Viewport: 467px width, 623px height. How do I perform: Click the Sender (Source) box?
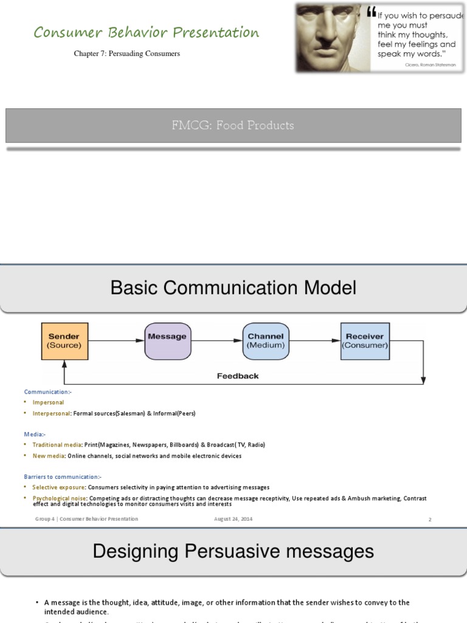pos(64,341)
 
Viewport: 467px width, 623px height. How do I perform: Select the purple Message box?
pos(167,341)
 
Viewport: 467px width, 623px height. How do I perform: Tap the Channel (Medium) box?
pos(266,341)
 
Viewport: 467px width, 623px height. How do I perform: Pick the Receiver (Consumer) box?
pos(365,341)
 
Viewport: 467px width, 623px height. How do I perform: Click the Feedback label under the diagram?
pos(238,376)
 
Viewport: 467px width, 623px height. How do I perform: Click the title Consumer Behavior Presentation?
pos(147,32)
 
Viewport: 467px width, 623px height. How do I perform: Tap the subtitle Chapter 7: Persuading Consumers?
pos(127,54)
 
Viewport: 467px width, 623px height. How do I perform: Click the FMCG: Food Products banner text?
pos(233,125)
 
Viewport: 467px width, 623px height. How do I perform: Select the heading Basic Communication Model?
pos(233,288)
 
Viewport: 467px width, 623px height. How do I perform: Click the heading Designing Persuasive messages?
pos(233,552)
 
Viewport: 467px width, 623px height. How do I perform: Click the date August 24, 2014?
pos(233,519)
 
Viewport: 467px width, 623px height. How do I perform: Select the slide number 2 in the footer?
pos(430,520)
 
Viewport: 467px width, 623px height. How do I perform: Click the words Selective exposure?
pos(59,487)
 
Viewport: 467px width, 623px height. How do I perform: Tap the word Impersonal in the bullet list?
pos(48,402)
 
